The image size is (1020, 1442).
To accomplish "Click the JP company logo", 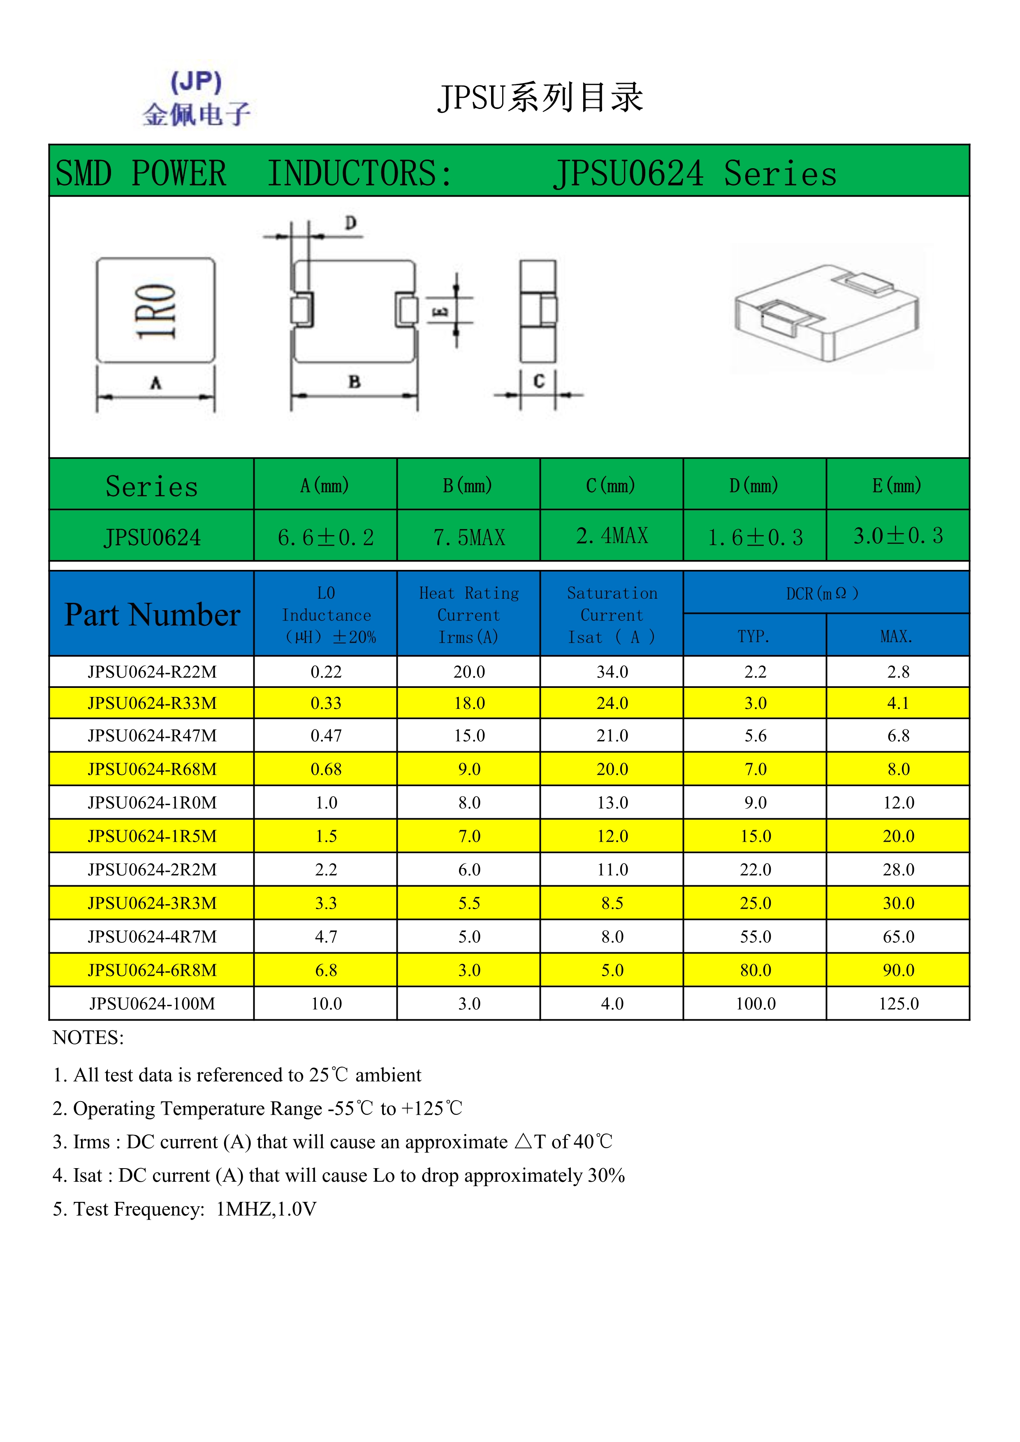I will tap(196, 99).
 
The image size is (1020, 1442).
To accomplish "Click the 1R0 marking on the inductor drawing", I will tap(156, 312).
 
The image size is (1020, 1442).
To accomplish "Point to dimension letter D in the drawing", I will tap(350, 223).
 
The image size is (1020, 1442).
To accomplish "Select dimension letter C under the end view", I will tap(539, 381).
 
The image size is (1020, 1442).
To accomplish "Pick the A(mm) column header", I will tap(325, 486).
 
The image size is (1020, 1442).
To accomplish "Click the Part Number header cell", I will tap(152, 614).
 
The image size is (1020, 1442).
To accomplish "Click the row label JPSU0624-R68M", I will tap(152, 769).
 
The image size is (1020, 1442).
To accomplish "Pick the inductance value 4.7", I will tap(326, 937).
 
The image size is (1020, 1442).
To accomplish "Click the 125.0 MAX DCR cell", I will tap(898, 1004).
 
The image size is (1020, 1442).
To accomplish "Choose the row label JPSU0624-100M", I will tap(152, 1004).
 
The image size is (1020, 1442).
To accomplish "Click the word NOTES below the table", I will tap(88, 1037).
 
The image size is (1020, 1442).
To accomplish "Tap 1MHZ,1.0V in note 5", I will tap(266, 1209).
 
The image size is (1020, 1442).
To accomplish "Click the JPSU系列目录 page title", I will tap(540, 98).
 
